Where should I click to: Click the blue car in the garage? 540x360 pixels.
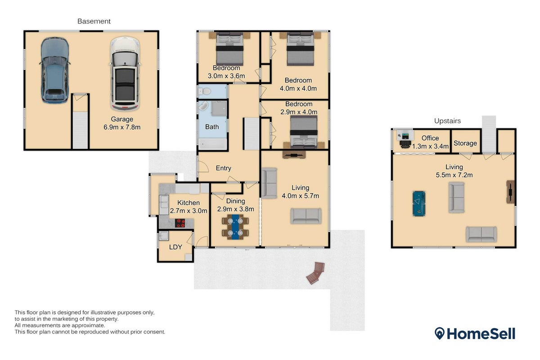tap(55, 70)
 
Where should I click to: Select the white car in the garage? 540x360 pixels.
tap(125, 73)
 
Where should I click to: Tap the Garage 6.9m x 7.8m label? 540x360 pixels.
tap(122, 123)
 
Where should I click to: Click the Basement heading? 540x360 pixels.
tap(94, 21)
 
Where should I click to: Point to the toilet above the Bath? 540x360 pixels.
tap(204, 91)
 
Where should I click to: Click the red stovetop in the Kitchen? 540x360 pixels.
tap(180, 223)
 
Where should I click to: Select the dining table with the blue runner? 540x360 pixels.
tap(235, 227)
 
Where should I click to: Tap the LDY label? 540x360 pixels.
tap(175, 247)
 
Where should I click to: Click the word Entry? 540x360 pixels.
tap(224, 168)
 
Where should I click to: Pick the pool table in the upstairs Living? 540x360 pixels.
tap(419, 203)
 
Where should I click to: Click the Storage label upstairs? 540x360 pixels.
tap(465, 143)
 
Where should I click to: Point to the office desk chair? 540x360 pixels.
tap(405, 144)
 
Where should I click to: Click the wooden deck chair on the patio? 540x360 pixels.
tap(316, 273)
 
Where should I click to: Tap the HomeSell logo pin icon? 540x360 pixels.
tap(440, 333)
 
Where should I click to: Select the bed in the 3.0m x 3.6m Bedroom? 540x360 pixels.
tap(230, 49)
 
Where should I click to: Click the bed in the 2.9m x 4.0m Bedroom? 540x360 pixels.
tap(304, 132)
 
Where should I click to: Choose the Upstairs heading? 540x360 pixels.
tap(447, 121)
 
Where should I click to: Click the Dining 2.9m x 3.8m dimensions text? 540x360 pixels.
tap(235, 209)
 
